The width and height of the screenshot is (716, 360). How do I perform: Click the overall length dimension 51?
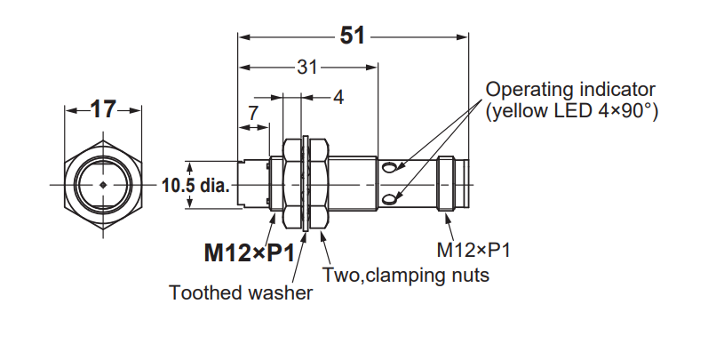353,36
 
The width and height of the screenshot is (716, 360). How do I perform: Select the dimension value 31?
306,68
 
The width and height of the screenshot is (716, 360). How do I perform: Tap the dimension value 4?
338,97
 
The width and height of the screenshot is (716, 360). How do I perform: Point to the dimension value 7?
253,113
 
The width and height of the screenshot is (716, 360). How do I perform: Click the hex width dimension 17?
103,109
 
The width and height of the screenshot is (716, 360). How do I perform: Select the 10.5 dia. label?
195,186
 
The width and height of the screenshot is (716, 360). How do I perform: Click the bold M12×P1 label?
250,252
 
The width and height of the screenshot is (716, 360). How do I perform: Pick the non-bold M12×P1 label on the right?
473,250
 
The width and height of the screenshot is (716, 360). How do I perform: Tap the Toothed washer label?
241,292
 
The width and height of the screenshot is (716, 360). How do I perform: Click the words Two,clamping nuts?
406,275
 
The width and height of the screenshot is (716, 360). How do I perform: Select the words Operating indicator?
570,90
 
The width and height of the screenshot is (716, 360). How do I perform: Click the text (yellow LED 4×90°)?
572,111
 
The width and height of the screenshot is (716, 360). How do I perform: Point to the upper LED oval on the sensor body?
389,168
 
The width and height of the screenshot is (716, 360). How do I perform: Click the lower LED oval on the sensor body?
389,199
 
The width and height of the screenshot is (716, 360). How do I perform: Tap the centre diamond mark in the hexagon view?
103,185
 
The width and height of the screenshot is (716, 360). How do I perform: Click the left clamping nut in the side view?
291,184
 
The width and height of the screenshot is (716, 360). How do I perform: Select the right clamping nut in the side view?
319,184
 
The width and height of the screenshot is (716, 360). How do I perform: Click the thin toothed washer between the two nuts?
306,183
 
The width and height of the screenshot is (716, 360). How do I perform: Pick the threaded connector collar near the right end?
446,184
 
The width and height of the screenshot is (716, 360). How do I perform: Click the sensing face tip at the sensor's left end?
242,184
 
